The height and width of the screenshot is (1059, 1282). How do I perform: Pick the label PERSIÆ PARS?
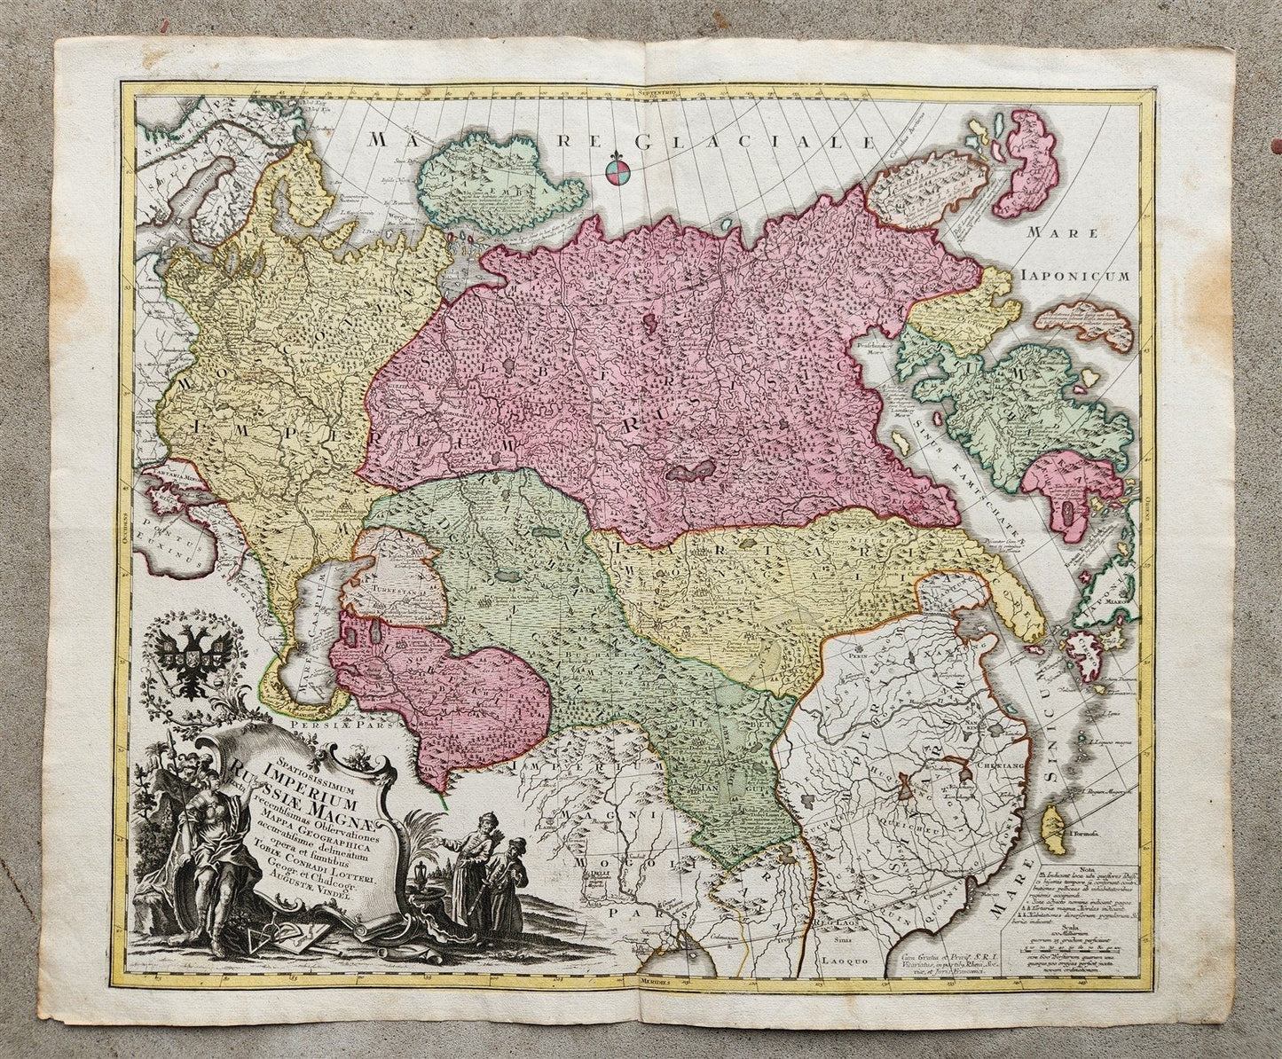coord(338,721)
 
